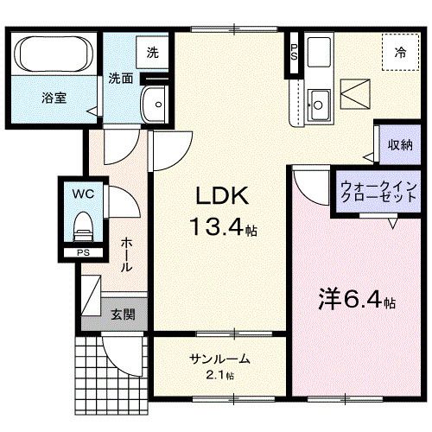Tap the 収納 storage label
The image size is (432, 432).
click(398, 145)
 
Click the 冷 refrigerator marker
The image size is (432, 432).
click(400, 53)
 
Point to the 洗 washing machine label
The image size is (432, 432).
click(152, 51)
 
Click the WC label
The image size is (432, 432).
click(83, 193)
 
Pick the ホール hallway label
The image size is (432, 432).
click(126, 255)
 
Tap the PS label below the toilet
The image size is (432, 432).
click(83, 252)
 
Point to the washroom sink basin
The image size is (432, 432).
click(156, 104)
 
